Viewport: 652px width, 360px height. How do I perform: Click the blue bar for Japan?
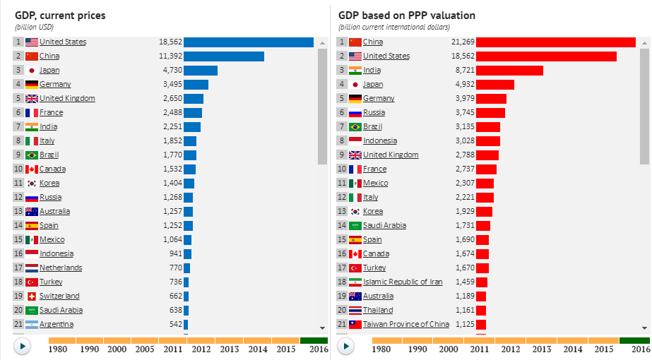[200, 70]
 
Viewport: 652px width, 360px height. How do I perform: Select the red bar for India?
[509, 70]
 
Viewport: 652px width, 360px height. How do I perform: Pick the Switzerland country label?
[59, 296]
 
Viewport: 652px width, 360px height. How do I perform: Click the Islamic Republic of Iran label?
[403, 282]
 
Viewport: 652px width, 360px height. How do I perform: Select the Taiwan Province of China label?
[405, 324]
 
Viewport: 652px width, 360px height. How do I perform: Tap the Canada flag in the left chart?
[32, 169]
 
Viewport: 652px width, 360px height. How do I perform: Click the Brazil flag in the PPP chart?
[355, 126]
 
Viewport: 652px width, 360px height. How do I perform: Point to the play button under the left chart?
[23, 346]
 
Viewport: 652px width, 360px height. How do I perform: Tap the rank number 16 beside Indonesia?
[18, 253]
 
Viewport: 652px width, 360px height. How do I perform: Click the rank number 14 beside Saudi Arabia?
[341, 225]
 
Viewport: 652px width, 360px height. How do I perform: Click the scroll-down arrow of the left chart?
[322, 328]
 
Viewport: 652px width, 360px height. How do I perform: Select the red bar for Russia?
[490, 112]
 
